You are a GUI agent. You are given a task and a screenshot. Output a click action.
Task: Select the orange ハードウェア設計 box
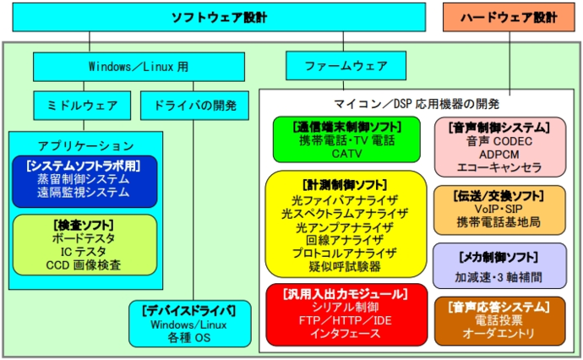[511, 17]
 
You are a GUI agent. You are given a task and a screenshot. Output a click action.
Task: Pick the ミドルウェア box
[81, 106]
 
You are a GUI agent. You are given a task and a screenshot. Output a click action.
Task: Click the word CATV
[346, 154]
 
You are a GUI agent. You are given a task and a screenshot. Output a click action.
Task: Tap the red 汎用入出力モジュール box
[346, 312]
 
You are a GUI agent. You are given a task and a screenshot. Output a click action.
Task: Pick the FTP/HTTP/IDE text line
[346, 319]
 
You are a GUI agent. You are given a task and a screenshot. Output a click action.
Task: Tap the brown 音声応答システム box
[499, 319]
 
